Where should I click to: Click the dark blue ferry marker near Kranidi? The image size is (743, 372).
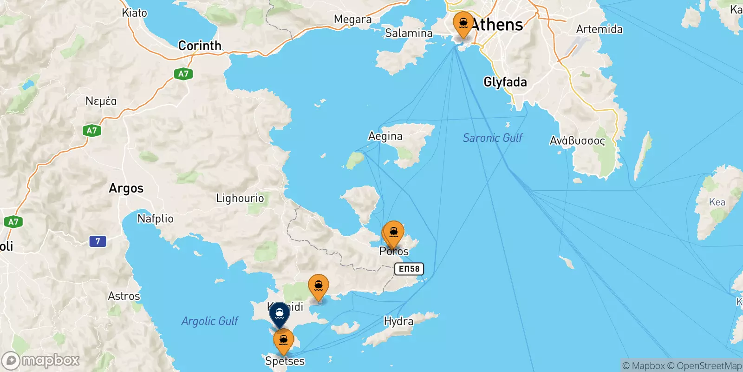point(280,314)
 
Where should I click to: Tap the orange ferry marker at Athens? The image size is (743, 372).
point(463,24)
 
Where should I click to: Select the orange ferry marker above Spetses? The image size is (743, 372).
point(283,341)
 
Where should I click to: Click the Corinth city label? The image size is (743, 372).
point(200,46)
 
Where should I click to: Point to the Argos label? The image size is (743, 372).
point(126,188)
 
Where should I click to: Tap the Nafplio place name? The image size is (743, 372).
point(155,219)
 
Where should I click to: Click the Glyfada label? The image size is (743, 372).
point(505,82)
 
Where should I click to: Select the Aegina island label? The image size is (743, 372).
point(385,136)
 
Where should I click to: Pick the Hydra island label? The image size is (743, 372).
point(398,321)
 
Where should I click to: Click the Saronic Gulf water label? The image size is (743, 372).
point(492,138)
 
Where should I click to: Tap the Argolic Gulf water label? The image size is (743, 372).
point(209,321)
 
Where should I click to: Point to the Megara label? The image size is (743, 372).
point(352,20)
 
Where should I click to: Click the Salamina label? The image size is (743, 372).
point(409,33)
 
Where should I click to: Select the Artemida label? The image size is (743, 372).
point(599,29)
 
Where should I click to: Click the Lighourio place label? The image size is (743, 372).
point(240,199)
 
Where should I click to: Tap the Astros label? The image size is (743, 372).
point(124,296)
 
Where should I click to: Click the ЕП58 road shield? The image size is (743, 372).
point(409,269)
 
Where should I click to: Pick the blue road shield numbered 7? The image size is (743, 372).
point(98,241)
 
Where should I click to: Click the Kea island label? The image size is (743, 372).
point(717,202)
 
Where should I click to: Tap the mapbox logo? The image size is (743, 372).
point(41,360)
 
